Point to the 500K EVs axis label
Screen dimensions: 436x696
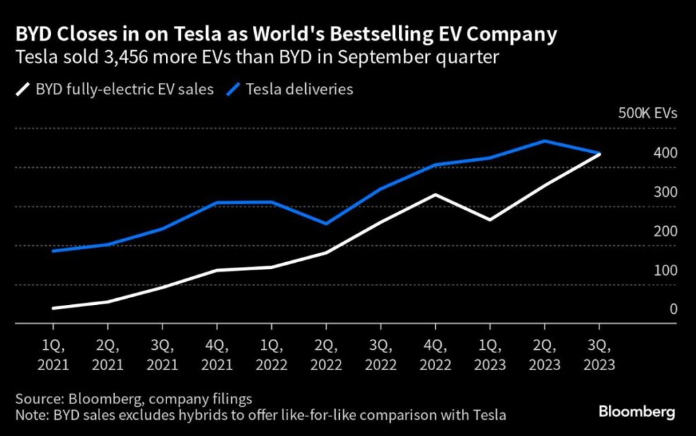(x=646, y=114)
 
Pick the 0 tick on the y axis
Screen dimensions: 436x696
(x=674, y=309)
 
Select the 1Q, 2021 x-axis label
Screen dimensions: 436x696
(x=53, y=355)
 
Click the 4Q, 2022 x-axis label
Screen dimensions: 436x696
(x=434, y=355)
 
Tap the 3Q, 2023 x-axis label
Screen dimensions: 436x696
(x=598, y=355)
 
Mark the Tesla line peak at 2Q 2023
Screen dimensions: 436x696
(x=544, y=141)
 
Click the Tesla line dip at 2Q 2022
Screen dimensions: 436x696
(x=326, y=223)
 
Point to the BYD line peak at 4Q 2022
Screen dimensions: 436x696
(x=435, y=194)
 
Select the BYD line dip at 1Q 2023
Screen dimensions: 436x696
(x=489, y=220)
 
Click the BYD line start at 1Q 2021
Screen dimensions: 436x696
(x=53, y=308)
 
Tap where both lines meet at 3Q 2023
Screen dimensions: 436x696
(x=599, y=153)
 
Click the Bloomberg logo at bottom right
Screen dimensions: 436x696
(x=636, y=412)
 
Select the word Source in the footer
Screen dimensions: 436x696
(x=41, y=398)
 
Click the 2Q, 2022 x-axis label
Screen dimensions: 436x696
(x=326, y=355)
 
